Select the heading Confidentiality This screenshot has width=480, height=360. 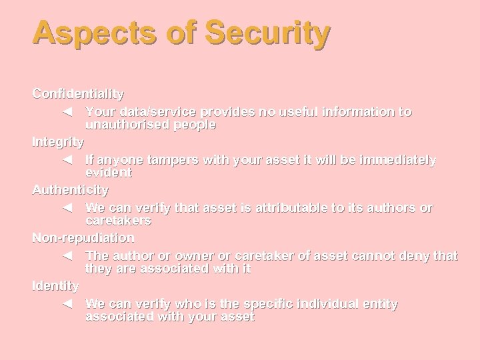78,94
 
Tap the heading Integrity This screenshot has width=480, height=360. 58,142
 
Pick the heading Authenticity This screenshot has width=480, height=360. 71,190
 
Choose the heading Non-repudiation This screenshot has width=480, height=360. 83,238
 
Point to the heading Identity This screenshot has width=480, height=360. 55,286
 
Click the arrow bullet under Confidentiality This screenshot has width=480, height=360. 66,112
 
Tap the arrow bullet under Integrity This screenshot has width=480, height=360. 66,160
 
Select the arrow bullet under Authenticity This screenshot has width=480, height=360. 66,208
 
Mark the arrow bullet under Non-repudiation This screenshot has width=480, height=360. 66,256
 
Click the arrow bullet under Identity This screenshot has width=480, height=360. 66,304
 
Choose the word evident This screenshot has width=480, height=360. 109,173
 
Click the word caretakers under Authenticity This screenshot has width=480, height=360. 118,221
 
